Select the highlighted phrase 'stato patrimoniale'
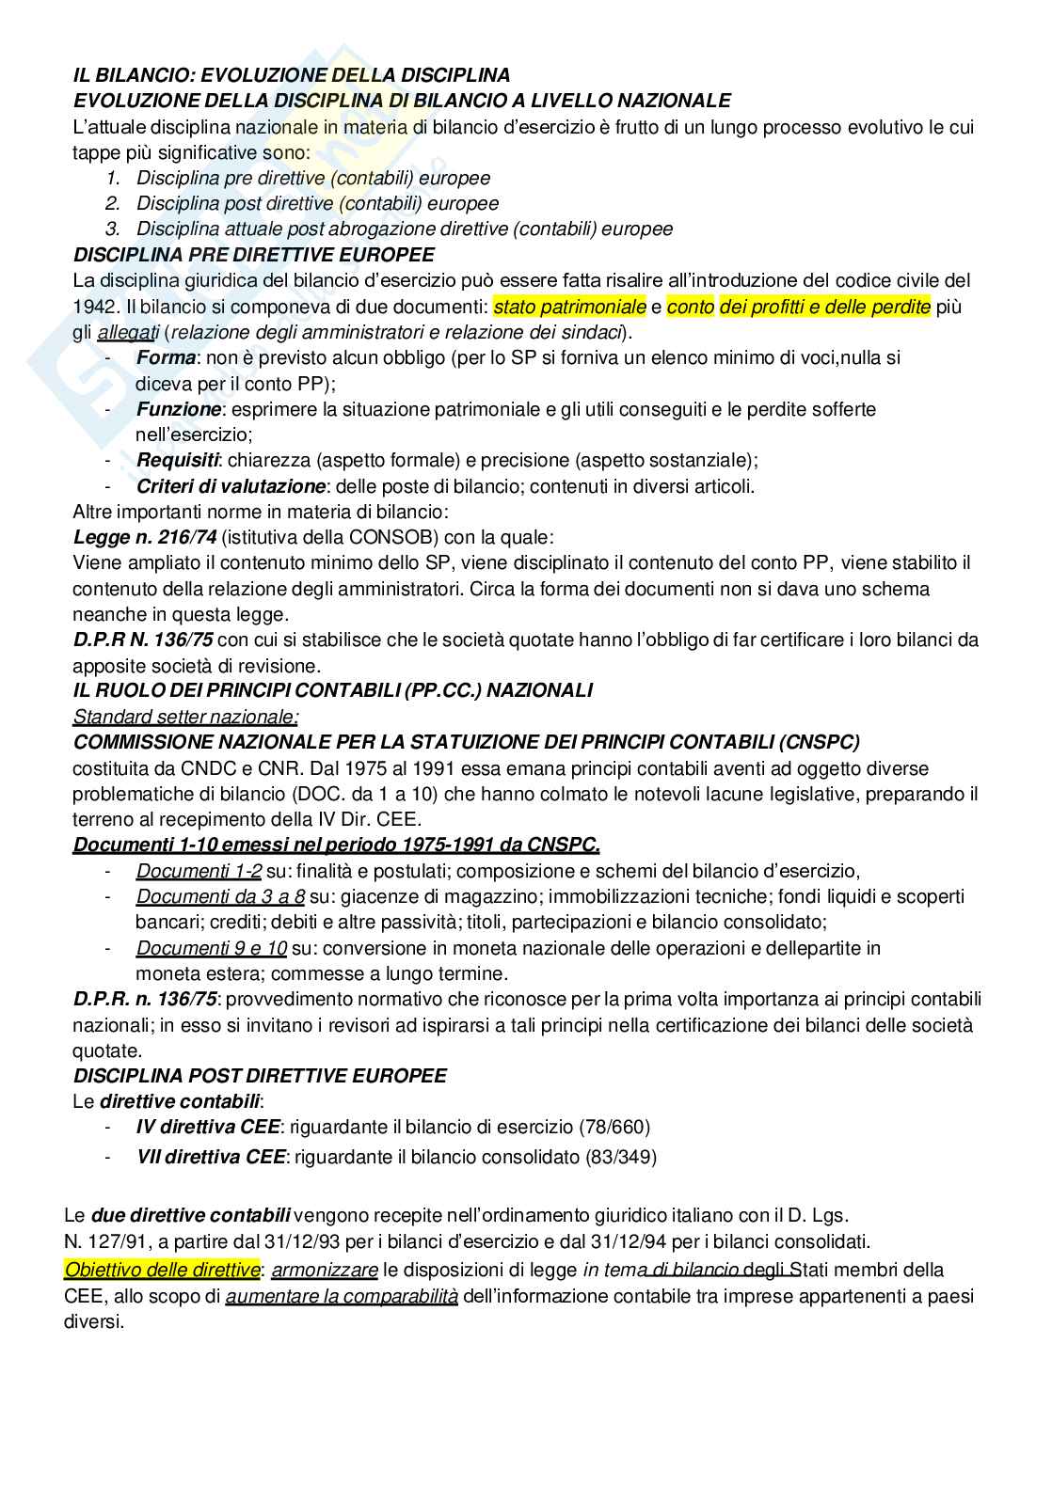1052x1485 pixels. coord(569,307)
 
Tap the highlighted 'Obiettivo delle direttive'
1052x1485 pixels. coord(161,1270)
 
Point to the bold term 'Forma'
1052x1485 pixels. coord(166,358)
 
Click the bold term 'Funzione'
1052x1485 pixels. coord(179,410)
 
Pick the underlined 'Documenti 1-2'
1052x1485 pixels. coord(199,871)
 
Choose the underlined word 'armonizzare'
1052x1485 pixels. coord(325,1271)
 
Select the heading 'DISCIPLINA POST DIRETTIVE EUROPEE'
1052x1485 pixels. coord(260,1075)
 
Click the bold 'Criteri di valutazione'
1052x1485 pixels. coord(231,486)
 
